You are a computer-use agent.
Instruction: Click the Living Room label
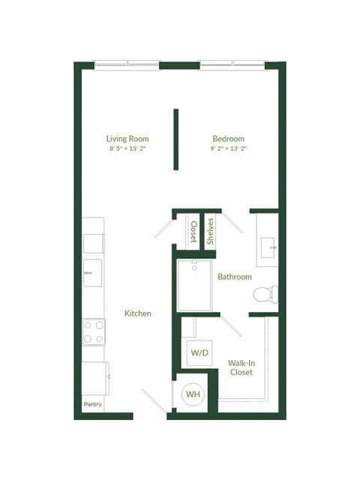click(127, 139)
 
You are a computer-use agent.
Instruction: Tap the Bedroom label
click(229, 139)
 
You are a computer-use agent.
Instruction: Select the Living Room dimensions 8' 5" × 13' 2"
click(127, 148)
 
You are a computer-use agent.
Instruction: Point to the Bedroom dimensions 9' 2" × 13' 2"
click(229, 148)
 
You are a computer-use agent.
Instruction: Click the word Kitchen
click(138, 313)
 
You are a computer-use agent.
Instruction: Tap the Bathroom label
click(235, 277)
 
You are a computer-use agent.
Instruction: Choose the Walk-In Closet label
click(241, 367)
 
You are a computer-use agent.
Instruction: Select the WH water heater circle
click(193, 394)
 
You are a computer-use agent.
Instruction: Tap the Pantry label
click(92, 405)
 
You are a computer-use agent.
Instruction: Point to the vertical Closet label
click(193, 232)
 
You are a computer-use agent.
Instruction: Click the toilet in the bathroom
click(265, 295)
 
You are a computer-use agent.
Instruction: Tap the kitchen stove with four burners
click(93, 331)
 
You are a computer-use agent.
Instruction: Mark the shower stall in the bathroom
click(194, 284)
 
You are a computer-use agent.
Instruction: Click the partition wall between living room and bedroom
click(176, 139)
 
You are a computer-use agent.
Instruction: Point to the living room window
click(126, 63)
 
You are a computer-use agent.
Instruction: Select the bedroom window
click(231, 63)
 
